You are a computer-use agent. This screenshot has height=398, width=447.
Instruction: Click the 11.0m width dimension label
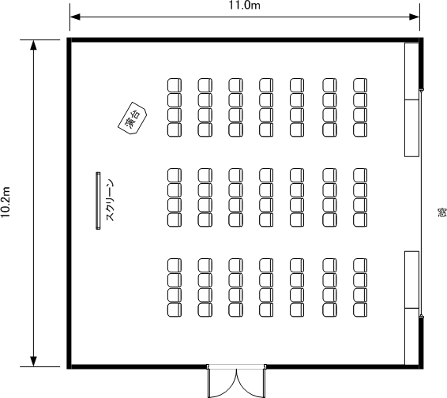click(244, 5)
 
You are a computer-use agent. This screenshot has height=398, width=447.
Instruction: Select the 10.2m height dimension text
click(5, 202)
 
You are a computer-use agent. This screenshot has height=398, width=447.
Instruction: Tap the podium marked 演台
click(132, 118)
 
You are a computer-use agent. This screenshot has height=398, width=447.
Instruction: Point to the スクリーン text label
click(110, 200)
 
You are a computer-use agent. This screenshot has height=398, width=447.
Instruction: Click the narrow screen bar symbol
click(98, 201)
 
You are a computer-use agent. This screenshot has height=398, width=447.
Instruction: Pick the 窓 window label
click(442, 212)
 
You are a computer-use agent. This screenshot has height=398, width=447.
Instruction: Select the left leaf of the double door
click(223, 382)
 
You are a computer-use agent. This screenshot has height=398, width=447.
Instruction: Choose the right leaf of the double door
click(251, 382)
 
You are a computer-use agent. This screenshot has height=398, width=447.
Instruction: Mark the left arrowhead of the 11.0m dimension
click(75, 17)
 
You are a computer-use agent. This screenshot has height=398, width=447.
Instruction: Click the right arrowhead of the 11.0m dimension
click(415, 17)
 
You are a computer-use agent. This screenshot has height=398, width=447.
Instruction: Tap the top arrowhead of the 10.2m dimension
click(34, 45)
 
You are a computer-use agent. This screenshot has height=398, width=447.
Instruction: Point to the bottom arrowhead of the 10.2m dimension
click(34, 361)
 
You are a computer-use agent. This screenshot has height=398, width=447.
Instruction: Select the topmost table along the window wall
click(412, 71)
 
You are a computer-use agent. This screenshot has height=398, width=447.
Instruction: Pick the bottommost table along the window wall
click(412, 336)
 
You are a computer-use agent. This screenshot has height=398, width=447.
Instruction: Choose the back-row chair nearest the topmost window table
click(360, 85)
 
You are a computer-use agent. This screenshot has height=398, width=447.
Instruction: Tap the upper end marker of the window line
click(422, 90)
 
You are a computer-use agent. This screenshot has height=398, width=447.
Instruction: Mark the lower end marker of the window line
click(422, 317)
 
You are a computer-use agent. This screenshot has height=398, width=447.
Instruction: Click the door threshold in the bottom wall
click(237, 366)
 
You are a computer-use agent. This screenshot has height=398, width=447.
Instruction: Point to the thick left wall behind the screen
click(69, 203)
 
